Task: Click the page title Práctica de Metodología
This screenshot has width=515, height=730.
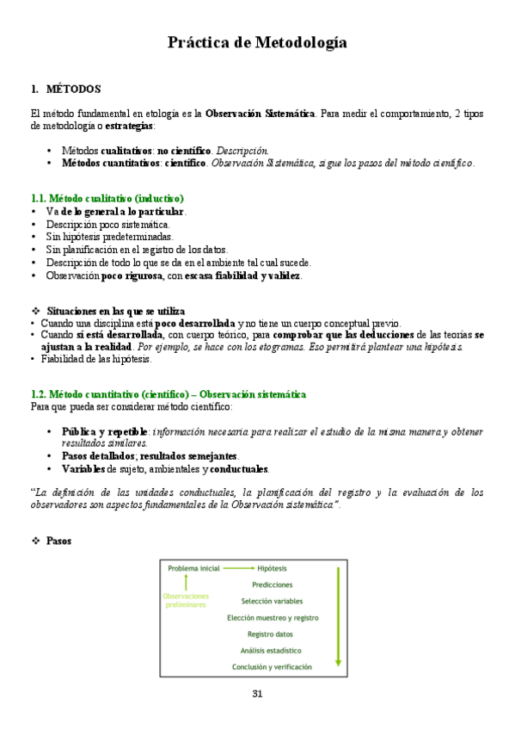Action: (x=257, y=42)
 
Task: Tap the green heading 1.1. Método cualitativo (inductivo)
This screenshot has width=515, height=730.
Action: (x=107, y=199)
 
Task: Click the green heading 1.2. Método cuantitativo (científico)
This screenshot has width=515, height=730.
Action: (x=168, y=394)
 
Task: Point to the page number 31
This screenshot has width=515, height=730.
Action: (x=257, y=694)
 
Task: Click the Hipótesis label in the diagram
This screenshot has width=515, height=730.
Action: (x=273, y=568)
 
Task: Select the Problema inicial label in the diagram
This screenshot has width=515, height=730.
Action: (x=193, y=568)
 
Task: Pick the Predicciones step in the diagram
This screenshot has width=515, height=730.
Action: (x=272, y=585)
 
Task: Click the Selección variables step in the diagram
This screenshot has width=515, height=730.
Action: (x=272, y=601)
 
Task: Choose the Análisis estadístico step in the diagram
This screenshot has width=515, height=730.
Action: (x=272, y=650)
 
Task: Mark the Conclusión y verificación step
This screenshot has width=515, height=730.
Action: (x=272, y=666)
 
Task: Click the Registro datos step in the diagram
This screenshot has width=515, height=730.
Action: (x=272, y=634)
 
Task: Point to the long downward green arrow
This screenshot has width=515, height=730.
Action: (x=339, y=616)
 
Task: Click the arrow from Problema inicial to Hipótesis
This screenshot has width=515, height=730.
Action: (x=238, y=568)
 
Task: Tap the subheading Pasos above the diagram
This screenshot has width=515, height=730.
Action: (x=59, y=541)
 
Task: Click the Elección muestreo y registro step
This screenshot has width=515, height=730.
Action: (x=272, y=617)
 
